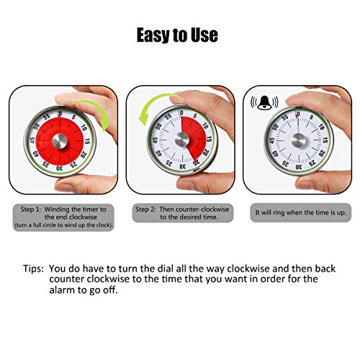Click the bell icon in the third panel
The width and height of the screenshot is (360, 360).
pyautogui.click(x=264, y=103)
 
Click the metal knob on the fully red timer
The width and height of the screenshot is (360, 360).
pyautogui.click(x=60, y=141)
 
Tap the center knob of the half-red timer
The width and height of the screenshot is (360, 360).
pyautogui.click(x=182, y=140)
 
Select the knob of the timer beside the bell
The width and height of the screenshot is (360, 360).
pyautogui.click(x=298, y=140)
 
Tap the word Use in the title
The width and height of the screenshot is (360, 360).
pyautogui.click(x=204, y=35)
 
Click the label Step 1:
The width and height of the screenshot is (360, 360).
pyautogui.click(x=30, y=210)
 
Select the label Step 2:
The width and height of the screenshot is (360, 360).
pyautogui.click(x=145, y=210)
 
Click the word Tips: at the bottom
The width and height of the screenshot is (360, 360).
pyautogui.click(x=33, y=269)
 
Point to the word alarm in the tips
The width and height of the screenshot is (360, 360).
pyautogui.click(x=62, y=290)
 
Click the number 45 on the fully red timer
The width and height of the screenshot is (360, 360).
pyautogui.click(x=32, y=140)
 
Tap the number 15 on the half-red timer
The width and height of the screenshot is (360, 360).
pyautogui.click(x=210, y=139)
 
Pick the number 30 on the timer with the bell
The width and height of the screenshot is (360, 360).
pyautogui.click(x=299, y=167)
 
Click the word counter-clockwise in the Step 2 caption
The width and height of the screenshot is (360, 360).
pyautogui.click(x=202, y=210)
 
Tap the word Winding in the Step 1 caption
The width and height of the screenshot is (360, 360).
pyautogui.click(x=57, y=210)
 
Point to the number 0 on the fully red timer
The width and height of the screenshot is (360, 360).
pyautogui.click(x=60, y=114)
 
